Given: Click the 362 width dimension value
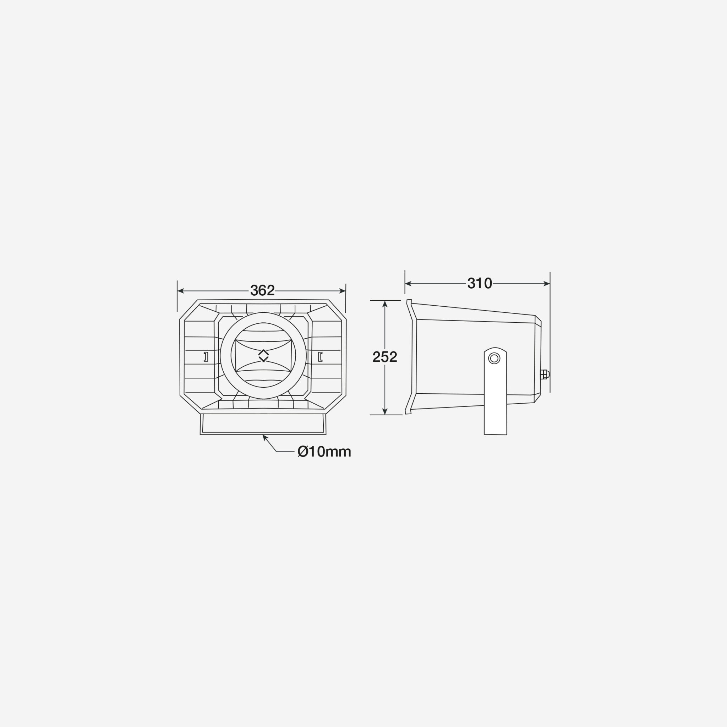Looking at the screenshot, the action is coord(262,290).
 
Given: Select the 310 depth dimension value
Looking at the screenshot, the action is coord(479,283).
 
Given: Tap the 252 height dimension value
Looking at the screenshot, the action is coord(384,357).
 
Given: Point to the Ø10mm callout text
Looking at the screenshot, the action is coord(324,452).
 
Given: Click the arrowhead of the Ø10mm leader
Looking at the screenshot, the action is coord(264,437).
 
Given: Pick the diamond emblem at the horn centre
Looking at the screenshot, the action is coord(263,356).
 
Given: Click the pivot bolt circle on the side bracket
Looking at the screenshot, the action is coord(494,358).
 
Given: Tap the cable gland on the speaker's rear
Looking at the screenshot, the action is coord(545,375).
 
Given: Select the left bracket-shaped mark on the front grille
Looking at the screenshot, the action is coord(206,357).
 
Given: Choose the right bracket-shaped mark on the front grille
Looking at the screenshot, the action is coord(320,357).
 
